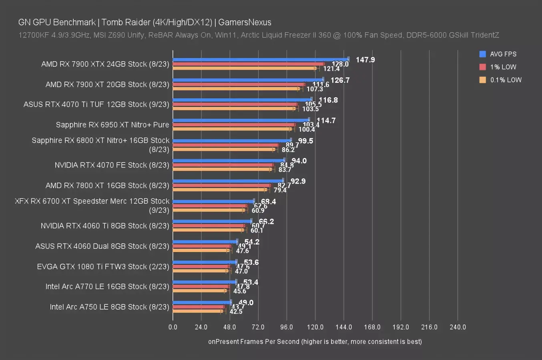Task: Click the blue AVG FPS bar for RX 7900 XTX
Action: pos(260,60)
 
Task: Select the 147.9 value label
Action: pos(365,60)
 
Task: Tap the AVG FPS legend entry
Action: pos(503,54)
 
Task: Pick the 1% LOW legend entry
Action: pos(503,67)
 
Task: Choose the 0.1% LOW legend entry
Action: pos(506,80)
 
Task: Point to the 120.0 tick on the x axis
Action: pos(315,327)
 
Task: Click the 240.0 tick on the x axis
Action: pos(458,327)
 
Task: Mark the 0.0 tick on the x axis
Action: pos(173,327)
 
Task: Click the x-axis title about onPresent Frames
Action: pos(315,342)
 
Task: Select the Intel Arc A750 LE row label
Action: pos(109,307)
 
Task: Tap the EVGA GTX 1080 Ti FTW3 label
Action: pos(103,266)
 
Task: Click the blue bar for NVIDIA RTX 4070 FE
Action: pos(229,160)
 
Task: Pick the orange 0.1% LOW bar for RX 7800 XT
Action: pos(220,190)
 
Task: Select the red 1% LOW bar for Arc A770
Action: pos(201,286)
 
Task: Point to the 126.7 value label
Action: pos(340,80)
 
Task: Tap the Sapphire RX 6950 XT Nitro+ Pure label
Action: pos(112,125)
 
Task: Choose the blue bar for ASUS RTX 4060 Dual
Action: pos(205,242)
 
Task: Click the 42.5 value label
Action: pos(236,312)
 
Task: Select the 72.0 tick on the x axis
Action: pos(258,327)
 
